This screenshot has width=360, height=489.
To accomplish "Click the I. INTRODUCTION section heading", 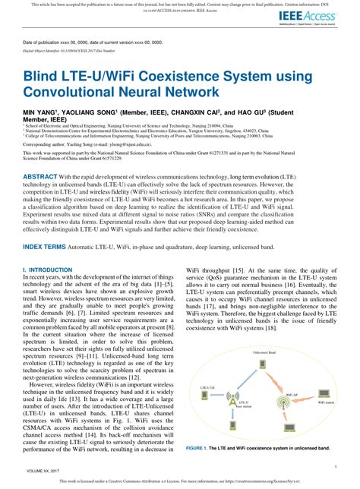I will click(x=48, y=270).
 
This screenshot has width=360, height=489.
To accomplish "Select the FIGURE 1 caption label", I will click(x=204, y=448).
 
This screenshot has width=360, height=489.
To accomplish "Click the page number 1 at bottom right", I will click(x=331, y=471).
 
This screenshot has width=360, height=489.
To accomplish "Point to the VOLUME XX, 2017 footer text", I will click(x=43, y=471).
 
